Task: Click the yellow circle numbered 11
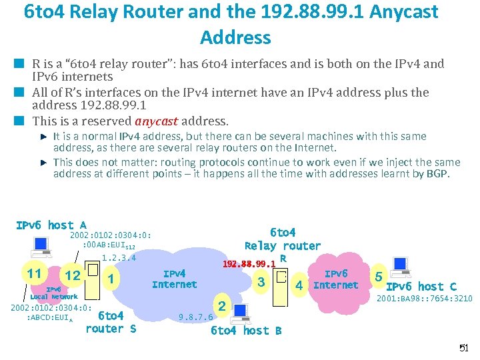(34, 275)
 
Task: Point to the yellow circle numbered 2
(222, 307)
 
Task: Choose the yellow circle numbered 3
(261, 281)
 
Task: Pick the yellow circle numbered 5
(379, 276)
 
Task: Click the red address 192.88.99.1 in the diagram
(249, 263)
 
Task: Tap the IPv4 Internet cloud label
(174, 279)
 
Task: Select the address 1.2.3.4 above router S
(119, 258)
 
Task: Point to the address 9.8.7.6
(197, 317)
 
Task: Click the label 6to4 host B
(246, 330)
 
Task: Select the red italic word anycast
(157, 121)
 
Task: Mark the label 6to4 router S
(111, 322)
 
